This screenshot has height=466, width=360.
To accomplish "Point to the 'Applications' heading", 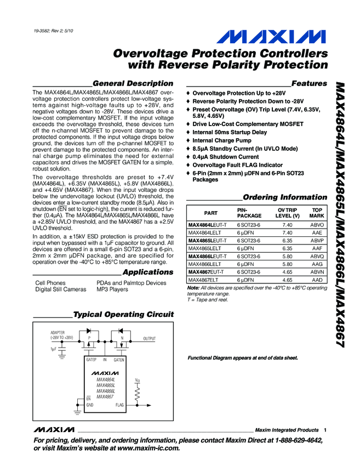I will pos(148,272).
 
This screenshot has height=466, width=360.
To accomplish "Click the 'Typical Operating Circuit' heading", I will pos(123,315).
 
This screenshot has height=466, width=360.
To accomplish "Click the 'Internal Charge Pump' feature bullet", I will pos(222,140).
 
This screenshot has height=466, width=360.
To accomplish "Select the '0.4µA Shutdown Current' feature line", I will pos(225,157).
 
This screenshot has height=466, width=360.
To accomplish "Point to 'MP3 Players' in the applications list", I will pos(113,289).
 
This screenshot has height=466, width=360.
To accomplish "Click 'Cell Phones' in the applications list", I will pos(50,283).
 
